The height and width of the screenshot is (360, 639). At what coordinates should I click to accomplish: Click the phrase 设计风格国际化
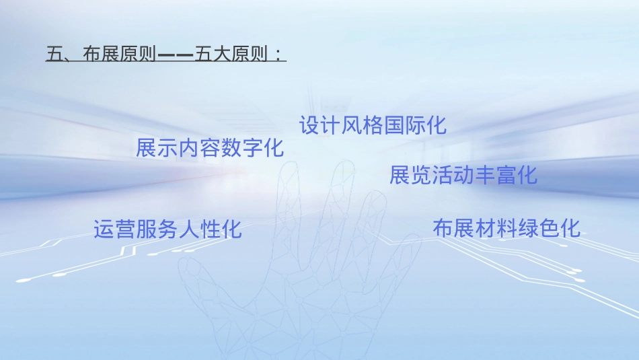373,125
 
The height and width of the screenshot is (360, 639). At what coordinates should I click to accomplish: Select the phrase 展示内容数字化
210,148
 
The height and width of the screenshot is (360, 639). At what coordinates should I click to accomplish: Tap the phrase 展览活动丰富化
463,176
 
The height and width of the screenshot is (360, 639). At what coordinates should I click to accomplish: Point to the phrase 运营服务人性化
167,229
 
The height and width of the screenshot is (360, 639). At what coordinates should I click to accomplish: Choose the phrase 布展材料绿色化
506,228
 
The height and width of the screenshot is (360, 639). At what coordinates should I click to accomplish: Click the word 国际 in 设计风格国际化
404,125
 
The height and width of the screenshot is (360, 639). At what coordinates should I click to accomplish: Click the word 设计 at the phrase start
320,125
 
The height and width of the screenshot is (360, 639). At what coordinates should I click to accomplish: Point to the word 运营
115,229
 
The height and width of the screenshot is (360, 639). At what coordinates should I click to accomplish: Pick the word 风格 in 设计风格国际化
362,125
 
